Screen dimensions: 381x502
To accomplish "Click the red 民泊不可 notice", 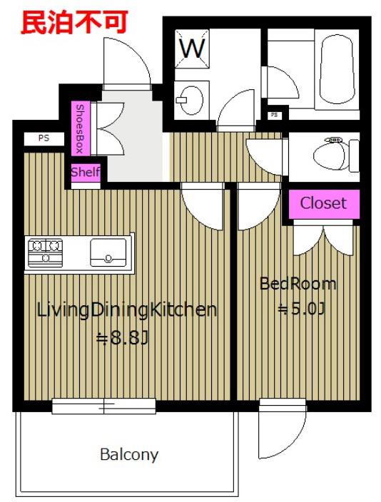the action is tap(74, 22).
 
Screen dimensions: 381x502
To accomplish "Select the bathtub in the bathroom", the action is tap(337, 69).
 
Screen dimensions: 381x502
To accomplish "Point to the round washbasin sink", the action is tap(191, 100).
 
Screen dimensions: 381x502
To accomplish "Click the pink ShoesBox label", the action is tap(81, 128).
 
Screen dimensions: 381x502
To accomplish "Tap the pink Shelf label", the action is tap(85, 173).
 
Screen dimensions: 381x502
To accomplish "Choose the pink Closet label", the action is tap(324, 203).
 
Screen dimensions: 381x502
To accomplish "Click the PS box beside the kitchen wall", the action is tap(44, 138).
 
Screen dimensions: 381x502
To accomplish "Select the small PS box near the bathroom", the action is tap(274, 115).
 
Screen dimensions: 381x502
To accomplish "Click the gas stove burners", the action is tap(45, 252).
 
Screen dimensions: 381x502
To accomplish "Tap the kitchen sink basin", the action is tap(108, 252).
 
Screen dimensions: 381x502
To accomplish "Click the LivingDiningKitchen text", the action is tap(127, 310).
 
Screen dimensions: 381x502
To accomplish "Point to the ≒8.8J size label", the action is tap(123, 338).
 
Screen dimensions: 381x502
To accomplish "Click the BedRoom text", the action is tap(298, 284).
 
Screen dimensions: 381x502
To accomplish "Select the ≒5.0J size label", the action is tap(301, 309).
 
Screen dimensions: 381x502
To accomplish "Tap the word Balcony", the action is tap(129, 455).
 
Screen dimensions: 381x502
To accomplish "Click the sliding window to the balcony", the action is tap(104, 406).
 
